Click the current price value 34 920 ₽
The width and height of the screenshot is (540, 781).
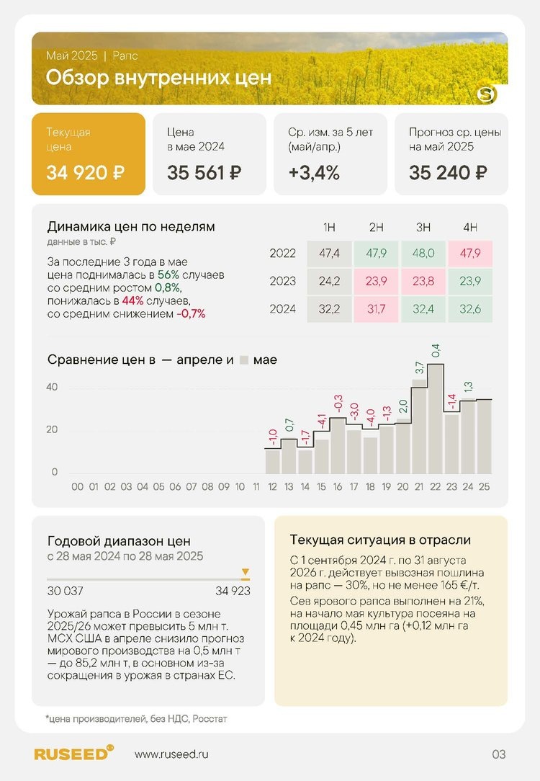click(x=86, y=173)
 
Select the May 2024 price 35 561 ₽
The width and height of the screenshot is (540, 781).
click(x=204, y=173)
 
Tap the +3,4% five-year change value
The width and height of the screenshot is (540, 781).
click(x=314, y=173)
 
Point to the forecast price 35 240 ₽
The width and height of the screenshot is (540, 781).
click(x=448, y=173)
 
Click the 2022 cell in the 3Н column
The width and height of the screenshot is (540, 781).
click(x=423, y=254)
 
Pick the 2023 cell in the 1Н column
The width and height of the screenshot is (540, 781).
click(x=329, y=281)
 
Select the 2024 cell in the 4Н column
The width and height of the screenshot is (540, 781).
click(x=470, y=309)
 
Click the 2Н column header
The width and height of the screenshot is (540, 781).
click(x=376, y=228)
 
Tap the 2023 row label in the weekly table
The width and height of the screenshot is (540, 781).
click(x=283, y=281)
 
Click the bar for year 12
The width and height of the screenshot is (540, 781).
click(x=272, y=462)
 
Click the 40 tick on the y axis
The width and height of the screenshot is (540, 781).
click(x=52, y=387)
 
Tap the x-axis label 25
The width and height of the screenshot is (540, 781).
click(x=485, y=487)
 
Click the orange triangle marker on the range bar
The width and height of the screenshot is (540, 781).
click(x=246, y=574)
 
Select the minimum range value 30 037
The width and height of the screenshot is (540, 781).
click(x=65, y=592)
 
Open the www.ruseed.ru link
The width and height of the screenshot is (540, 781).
click(x=171, y=754)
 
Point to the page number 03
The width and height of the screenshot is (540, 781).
click(x=499, y=754)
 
